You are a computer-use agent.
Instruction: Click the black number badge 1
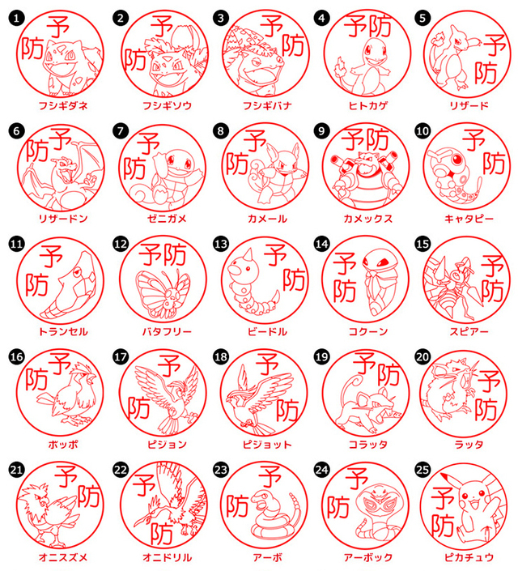(16, 18)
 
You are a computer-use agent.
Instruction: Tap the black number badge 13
(221, 244)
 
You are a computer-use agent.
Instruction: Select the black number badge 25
(423, 470)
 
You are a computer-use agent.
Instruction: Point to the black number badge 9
(322, 131)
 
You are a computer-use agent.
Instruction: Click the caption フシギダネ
(63, 105)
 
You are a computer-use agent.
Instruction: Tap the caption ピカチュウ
(469, 557)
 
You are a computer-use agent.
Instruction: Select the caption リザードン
(63, 219)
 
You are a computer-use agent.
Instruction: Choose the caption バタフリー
(167, 331)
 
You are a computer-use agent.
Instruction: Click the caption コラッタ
(368, 445)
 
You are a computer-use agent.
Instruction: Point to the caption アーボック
(368, 557)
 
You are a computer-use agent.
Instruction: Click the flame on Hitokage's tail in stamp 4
(340, 66)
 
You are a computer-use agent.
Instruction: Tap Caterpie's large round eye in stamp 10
(456, 159)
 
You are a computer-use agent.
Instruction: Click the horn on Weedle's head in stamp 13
(249, 255)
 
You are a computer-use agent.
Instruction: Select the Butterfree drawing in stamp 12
(163, 293)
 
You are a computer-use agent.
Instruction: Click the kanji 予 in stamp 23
(270, 476)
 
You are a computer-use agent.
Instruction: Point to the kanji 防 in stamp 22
(162, 534)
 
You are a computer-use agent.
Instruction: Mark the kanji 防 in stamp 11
(36, 285)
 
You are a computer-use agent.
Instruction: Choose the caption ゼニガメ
(167, 219)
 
